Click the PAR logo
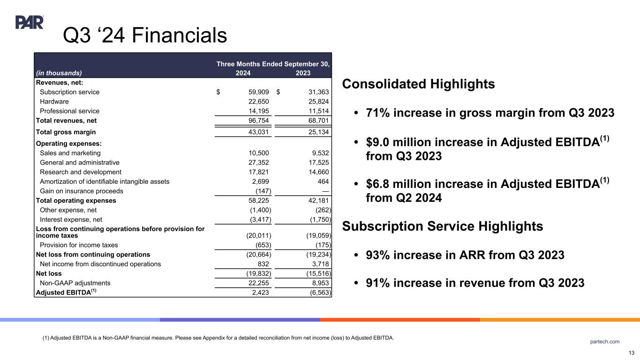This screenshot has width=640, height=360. (30, 22)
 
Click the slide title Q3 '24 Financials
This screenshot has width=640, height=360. (145, 35)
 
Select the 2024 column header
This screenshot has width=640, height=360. (243, 73)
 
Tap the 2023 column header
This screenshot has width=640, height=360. (303, 73)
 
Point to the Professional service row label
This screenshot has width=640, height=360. (69, 111)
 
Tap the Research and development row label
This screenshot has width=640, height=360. (81, 172)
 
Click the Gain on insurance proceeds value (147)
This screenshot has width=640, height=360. (260, 191)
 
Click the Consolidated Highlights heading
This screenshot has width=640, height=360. (419, 84)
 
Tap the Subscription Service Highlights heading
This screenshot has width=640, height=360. (443, 226)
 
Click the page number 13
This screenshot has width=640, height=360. (632, 353)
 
